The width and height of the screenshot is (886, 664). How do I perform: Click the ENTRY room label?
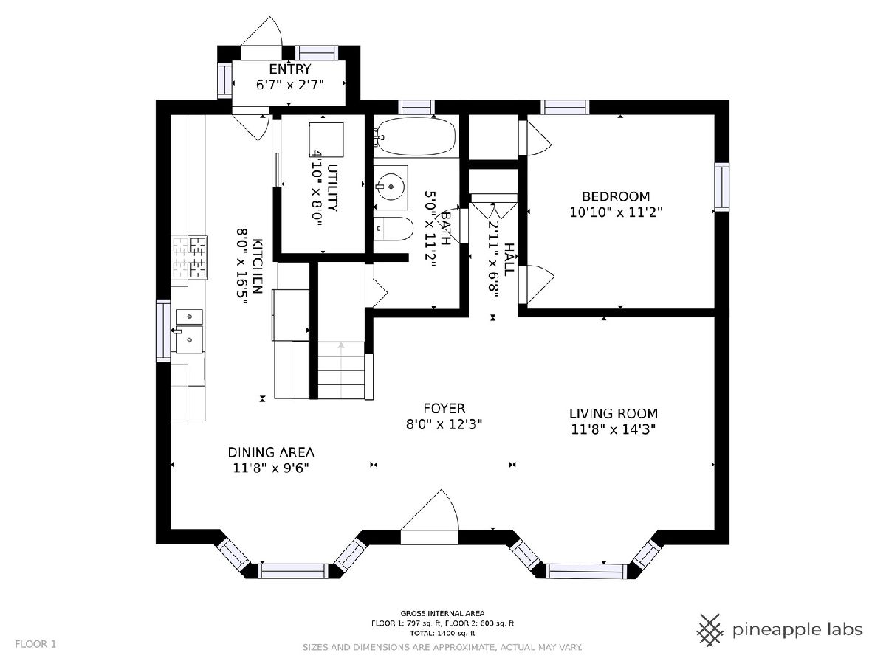pyautogui.click(x=290, y=69)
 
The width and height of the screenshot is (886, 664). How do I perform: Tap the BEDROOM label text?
pyautogui.click(x=616, y=196)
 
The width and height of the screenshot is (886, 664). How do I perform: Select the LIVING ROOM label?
pyautogui.click(x=613, y=413)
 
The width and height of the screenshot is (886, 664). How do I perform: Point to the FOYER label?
pyautogui.click(x=444, y=408)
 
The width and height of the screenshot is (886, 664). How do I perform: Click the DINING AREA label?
pyautogui.click(x=271, y=452)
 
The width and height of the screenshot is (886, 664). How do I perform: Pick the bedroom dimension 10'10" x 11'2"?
pyautogui.click(x=616, y=212)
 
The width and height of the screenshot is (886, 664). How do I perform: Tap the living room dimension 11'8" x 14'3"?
pyautogui.click(x=613, y=429)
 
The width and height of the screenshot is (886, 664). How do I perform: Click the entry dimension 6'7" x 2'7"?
pyautogui.click(x=290, y=85)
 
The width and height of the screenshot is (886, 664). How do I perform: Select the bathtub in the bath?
pyautogui.click(x=416, y=136)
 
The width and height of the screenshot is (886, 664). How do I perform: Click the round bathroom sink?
pyautogui.click(x=391, y=187)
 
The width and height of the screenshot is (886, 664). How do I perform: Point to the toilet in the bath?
pyautogui.click(x=393, y=229)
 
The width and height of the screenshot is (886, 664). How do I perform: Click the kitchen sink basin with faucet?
pyautogui.click(x=189, y=339)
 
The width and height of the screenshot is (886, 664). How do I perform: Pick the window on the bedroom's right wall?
pyautogui.click(x=721, y=187)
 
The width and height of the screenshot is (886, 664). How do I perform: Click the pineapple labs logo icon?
pyautogui.click(x=710, y=631)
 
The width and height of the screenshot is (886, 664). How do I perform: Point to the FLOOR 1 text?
pyautogui.click(x=35, y=644)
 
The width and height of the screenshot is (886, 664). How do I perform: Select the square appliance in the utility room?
pyautogui.click(x=326, y=139)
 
